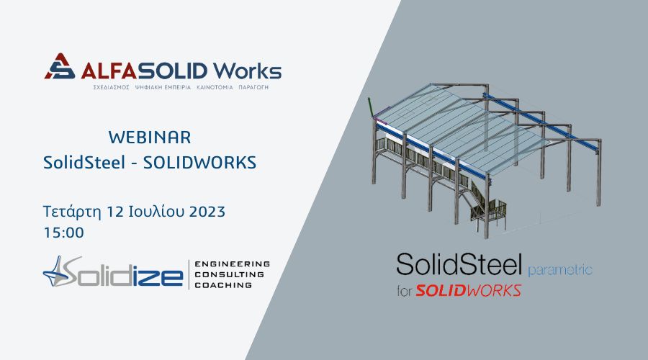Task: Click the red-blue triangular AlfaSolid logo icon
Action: click(x=60, y=66)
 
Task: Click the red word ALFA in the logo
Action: click(x=109, y=71)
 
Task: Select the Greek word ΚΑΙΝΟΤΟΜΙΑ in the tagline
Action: click(x=215, y=88)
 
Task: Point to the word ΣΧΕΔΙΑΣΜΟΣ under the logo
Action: click(x=111, y=88)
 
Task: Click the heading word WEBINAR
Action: click(x=150, y=138)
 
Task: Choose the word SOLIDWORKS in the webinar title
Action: click(x=199, y=163)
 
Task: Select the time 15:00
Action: click(x=64, y=233)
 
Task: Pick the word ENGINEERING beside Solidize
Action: click(x=233, y=264)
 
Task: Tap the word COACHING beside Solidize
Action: click(x=223, y=285)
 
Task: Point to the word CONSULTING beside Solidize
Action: click(x=230, y=274)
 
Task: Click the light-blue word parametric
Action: click(x=560, y=271)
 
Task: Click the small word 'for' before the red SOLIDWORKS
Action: click(x=405, y=292)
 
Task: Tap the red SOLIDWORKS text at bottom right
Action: click(x=468, y=291)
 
